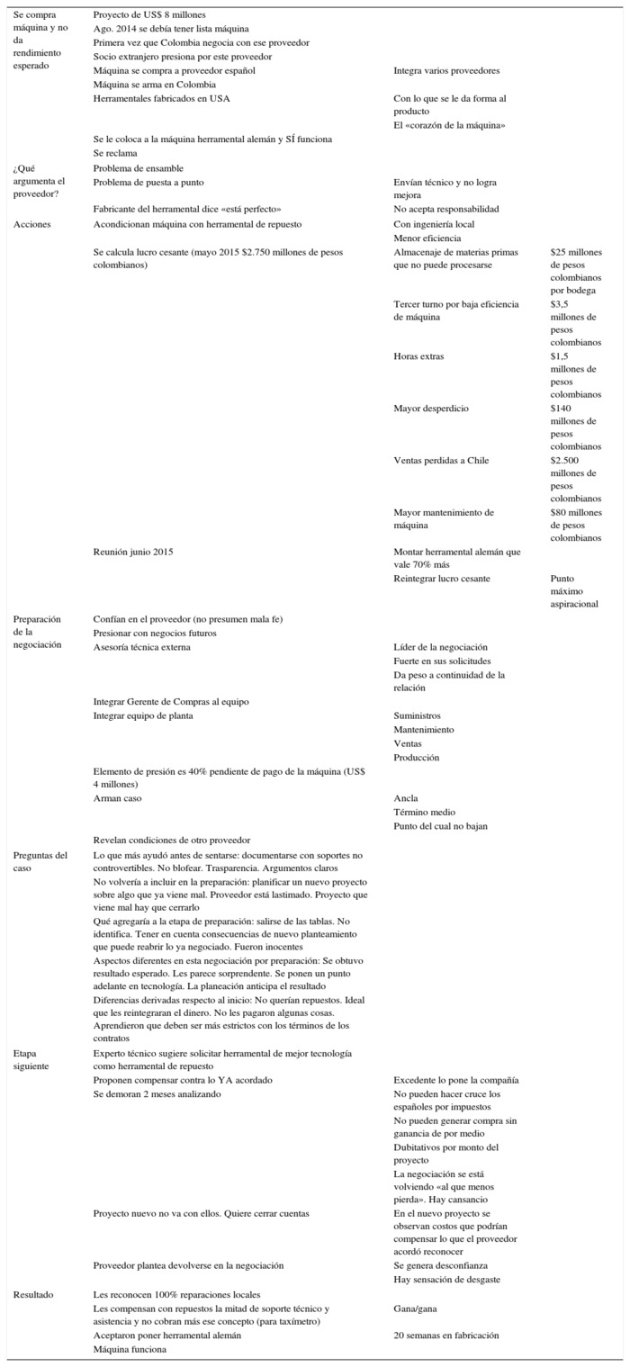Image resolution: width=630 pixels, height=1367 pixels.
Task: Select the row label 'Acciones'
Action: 32,223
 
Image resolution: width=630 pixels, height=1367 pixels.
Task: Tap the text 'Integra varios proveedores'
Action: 446,70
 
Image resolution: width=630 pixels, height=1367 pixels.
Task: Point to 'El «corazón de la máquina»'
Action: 449,125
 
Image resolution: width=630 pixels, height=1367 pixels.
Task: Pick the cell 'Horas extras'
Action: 418,356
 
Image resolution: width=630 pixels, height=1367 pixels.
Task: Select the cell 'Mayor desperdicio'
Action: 431,409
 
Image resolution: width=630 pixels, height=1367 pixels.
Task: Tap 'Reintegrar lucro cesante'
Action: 442,578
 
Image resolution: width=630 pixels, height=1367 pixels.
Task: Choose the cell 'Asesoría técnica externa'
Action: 142,646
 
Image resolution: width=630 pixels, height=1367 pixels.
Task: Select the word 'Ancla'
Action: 406,797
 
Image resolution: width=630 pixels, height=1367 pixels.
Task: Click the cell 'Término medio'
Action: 423,812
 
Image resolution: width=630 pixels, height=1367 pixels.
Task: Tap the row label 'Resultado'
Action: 33,1294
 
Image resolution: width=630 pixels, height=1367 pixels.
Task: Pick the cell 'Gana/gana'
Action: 416,1309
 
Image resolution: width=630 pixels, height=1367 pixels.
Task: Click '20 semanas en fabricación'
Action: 446,1336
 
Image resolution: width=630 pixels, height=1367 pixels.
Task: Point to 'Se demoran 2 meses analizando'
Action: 158,1093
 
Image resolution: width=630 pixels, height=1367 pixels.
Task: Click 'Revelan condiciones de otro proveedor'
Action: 172,840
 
